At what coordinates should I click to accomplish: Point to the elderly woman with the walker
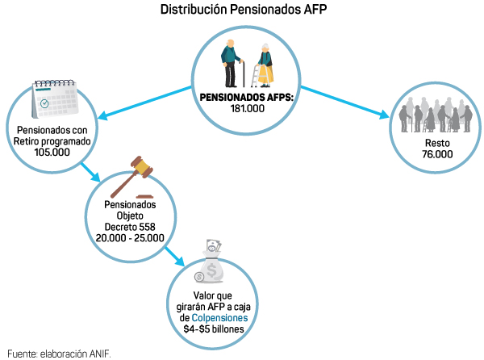click(263, 66)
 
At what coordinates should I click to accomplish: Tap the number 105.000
click(52, 152)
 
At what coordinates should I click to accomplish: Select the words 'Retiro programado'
click(52, 140)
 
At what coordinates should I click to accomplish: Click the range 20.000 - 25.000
click(130, 238)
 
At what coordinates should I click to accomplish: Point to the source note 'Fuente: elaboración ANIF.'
click(58, 353)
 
